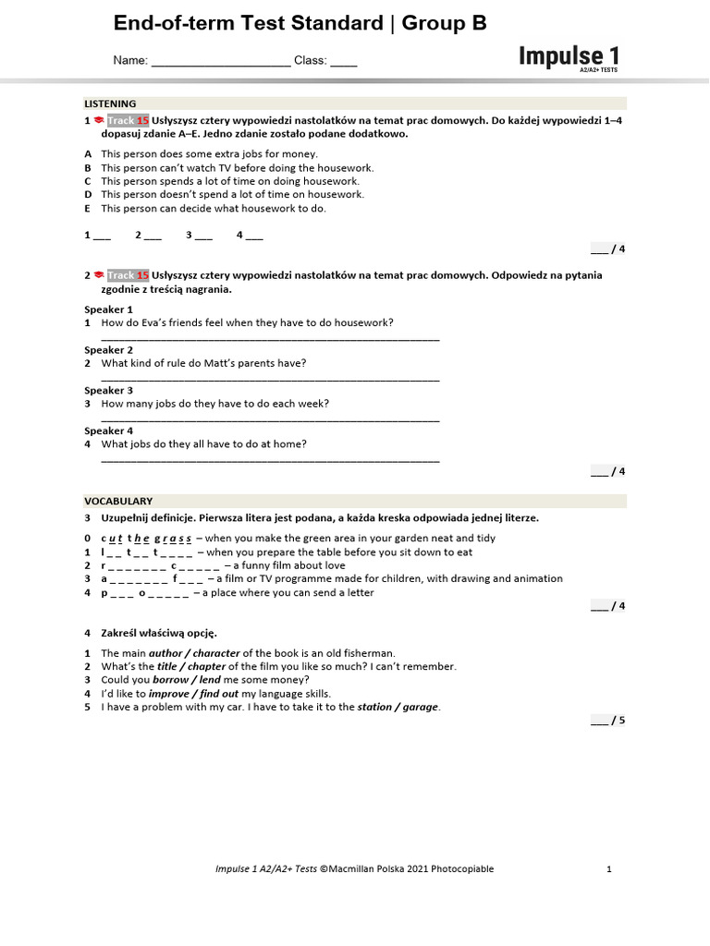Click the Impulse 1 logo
pyautogui.click(x=569, y=57)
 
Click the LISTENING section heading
pyautogui.click(x=110, y=103)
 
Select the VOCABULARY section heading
pyautogui.click(x=118, y=501)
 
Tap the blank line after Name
pyautogui.click(x=220, y=62)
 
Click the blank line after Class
pyautogui.click(x=343, y=62)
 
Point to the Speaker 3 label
pyautogui.click(x=109, y=390)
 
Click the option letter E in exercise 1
pyautogui.click(x=88, y=209)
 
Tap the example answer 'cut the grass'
pyautogui.click(x=146, y=539)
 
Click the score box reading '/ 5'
pyautogui.click(x=608, y=721)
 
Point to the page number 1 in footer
pyautogui.click(x=609, y=868)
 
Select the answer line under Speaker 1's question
pyautogui.click(x=270, y=338)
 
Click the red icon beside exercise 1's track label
pyautogui.click(x=98, y=121)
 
